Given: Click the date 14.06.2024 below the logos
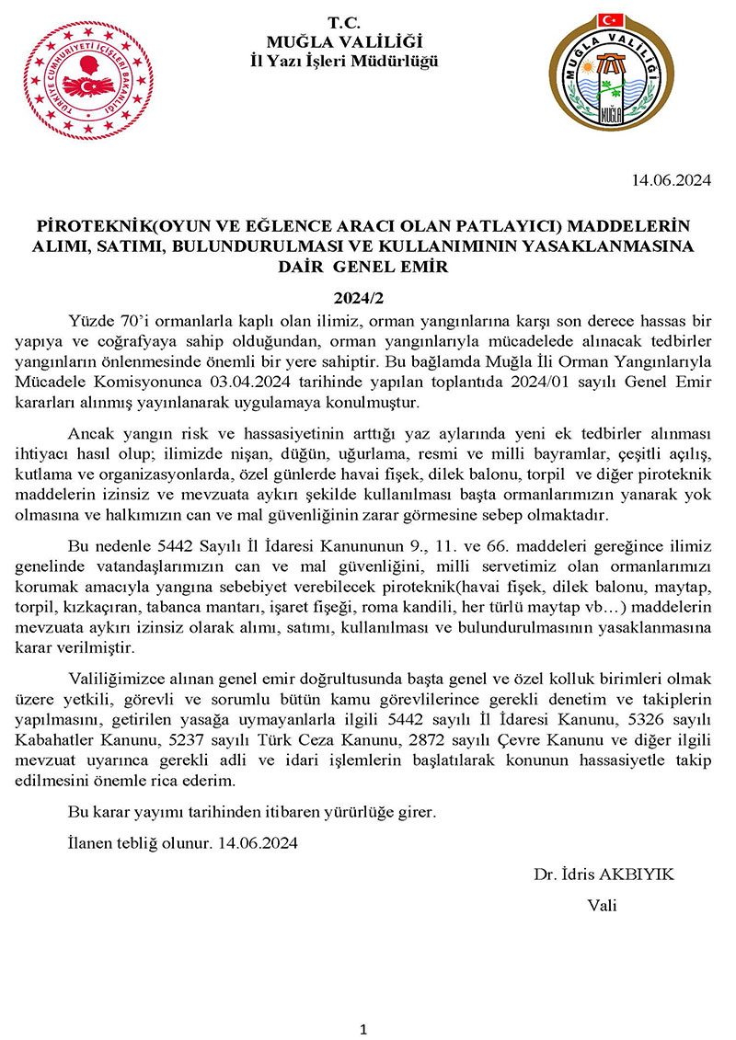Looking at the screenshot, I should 671,180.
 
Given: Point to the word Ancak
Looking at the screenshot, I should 88,434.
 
